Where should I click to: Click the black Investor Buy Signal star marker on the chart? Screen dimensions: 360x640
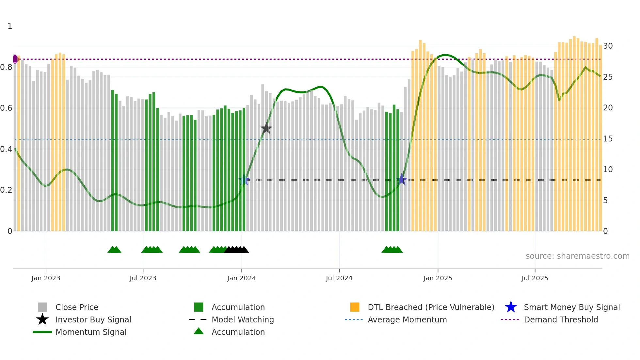tap(266, 128)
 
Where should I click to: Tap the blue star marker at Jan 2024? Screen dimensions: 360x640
tap(244, 180)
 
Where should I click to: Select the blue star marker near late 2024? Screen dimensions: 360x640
tap(402, 180)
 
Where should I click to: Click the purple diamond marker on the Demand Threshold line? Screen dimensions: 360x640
tap(15, 59)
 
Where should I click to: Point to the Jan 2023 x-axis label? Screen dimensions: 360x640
tap(46, 278)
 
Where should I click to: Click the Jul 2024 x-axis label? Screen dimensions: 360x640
tap(339, 278)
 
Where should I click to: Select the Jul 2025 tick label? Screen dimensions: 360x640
tap(535, 278)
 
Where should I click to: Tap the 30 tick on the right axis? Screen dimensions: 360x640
tap(608, 46)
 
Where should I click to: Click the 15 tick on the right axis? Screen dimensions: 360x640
tap(608, 139)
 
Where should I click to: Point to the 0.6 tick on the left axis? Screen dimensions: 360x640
tap(7, 108)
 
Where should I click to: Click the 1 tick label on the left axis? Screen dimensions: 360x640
tap(10, 26)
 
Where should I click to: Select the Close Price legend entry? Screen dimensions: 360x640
tap(76, 307)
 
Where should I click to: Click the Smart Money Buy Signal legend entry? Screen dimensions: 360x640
tap(571, 307)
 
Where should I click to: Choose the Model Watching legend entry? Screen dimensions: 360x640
tap(242, 319)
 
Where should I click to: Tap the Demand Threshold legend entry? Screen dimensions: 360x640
tap(561, 319)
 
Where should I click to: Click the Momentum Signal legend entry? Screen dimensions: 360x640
tap(91, 332)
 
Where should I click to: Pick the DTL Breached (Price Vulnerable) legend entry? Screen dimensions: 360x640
tap(431, 307)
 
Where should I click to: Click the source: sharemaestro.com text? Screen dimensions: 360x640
tap(577, 256)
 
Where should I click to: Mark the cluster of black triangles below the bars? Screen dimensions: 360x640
tap(236, 250)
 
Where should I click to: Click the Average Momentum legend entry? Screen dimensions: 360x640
tap(407, 319)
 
